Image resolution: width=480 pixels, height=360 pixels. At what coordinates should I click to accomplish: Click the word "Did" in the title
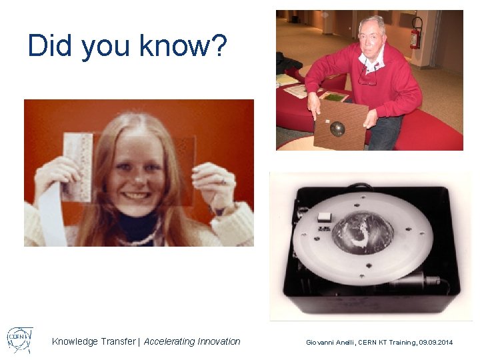[x=51, y=45]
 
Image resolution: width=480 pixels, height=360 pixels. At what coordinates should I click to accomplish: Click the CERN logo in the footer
[x=19, y=340]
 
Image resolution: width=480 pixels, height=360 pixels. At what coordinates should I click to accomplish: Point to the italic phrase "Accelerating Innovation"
[x=192, y=341]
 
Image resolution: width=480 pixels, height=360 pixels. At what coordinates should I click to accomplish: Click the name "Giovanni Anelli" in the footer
[x=331, y=342]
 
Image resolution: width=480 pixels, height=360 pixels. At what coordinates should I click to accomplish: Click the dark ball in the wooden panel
[x=337, y=128]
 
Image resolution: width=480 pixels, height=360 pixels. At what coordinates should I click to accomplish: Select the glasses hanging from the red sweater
[x=367, y=77]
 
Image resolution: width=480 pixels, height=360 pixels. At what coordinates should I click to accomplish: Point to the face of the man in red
[x=371, y=40]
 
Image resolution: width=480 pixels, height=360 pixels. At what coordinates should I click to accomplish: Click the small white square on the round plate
[x=325, y=217]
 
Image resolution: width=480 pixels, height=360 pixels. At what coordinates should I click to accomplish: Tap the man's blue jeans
[x=385, y=133]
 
